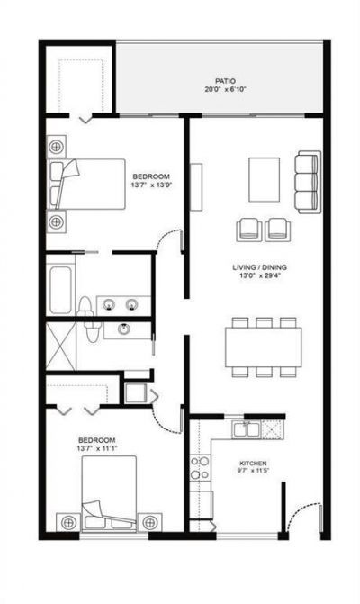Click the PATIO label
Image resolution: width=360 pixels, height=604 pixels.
point(212,80)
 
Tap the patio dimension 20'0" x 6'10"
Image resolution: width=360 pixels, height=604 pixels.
point(212,89)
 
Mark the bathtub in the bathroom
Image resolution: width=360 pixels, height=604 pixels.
point(60,284)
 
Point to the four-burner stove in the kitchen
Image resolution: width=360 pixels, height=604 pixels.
point(199,468)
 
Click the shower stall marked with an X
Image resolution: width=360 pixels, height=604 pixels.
point(61,345)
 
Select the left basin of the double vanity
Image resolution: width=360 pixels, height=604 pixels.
point(110,303)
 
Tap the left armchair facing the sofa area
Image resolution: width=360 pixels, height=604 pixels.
point(249,230)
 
